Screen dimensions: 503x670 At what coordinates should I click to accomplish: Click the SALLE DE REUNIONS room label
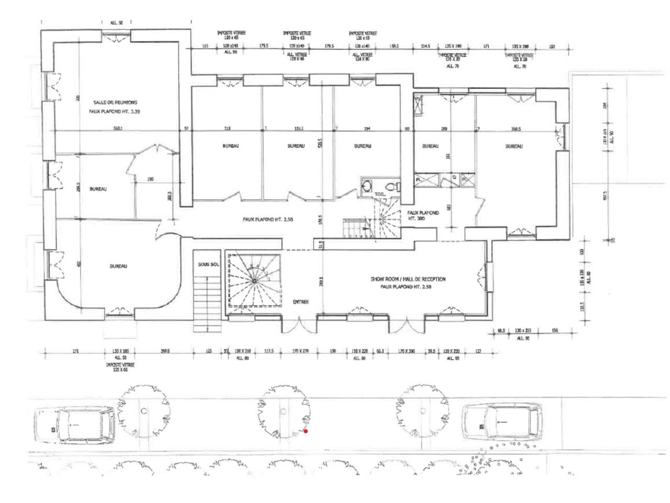(x=115, y=103)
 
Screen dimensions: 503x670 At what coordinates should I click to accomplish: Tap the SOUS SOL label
(x=208, y=265)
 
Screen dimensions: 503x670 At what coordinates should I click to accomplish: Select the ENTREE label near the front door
(x=300, y=302)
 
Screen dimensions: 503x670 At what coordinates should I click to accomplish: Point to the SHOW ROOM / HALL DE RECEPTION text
(x=408, y=279)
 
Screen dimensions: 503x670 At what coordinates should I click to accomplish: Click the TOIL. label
(x=379, y=194)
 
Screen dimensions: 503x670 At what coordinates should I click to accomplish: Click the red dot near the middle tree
(x=306, y=432)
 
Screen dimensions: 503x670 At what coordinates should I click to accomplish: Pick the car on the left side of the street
(x=74, y=424)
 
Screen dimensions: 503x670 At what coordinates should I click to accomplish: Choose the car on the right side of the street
(x=502, y=422)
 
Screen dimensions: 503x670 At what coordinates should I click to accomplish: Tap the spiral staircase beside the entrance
(x=254, y=280)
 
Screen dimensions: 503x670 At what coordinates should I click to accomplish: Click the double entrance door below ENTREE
(x=299, y=325)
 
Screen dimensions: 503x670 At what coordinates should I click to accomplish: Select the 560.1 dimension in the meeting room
(x=117, y=128)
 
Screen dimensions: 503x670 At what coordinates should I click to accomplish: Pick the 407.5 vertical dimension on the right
(x=605, y=195)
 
